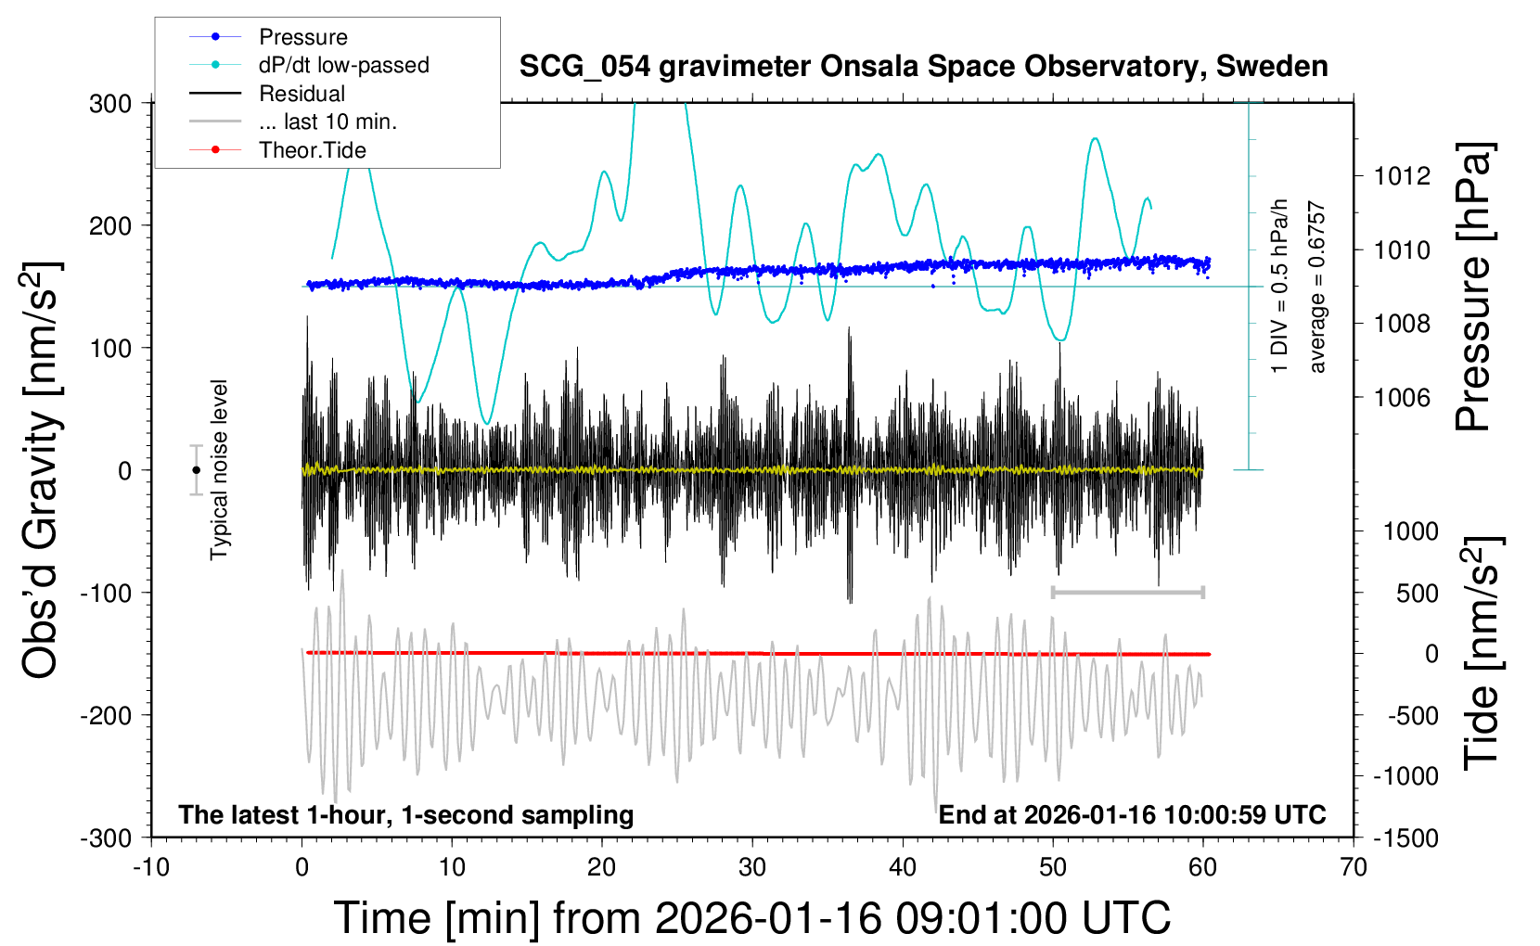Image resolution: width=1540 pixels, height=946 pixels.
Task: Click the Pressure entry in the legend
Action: coord(302,37)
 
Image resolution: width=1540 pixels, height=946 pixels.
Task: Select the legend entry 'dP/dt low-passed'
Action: coord(343,65)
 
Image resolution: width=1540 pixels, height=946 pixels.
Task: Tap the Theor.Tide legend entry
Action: coord(312,150)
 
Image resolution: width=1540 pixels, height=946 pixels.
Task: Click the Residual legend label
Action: coord(302,94)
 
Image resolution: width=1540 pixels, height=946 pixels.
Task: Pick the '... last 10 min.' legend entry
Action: coord(327,121)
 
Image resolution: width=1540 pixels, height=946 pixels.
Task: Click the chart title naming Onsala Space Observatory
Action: coord(923,67)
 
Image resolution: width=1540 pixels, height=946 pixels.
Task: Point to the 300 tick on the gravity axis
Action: coord(110,104)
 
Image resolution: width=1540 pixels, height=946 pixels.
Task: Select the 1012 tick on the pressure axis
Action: coord(1403,176)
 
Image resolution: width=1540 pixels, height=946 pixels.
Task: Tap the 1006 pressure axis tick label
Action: coord(1403,398)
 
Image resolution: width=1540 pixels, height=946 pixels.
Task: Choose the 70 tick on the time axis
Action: coord(1354,868)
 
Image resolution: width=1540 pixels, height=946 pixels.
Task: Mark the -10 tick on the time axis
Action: coord(151,868)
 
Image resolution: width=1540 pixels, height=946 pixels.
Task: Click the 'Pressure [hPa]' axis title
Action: coord(1474,287)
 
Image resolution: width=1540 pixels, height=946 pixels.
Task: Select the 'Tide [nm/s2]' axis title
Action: coord(1482,653)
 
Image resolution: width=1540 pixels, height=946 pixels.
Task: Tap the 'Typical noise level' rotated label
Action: coord(219,470)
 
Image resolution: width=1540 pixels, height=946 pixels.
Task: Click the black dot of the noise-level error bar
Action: coord(196,470)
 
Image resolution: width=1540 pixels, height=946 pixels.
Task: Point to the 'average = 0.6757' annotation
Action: coord(1317,288)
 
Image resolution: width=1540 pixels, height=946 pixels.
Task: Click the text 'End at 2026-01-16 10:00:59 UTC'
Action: coord(1132,815)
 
